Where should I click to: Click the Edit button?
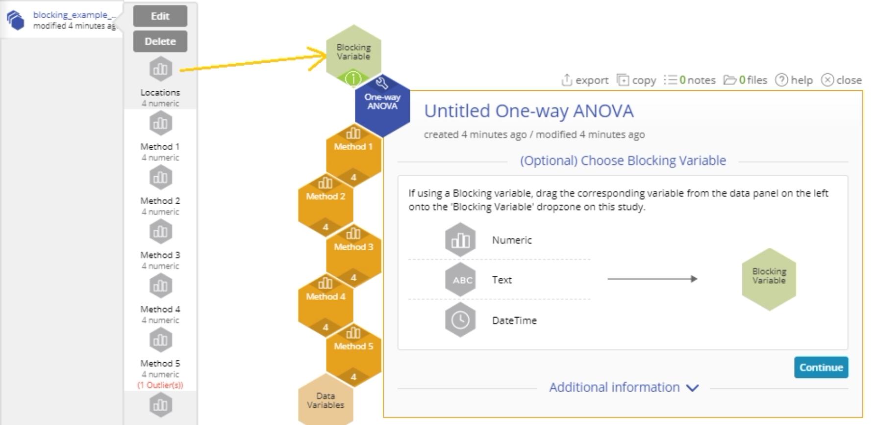click(160, 16)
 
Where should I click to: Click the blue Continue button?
click(821, 367)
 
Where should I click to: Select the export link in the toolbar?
click(585, 80)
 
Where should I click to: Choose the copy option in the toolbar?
click(636, 80)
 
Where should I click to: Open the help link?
click(794, 80)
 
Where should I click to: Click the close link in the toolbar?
click(841, 80)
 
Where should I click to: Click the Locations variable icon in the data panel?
click(160, 69)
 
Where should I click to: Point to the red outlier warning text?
click(160, 385)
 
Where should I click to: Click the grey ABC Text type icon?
click(460, 280)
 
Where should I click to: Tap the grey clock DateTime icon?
click(460, 320)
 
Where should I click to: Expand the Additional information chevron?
click(692, 388)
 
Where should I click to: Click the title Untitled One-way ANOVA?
click(529, 111)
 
